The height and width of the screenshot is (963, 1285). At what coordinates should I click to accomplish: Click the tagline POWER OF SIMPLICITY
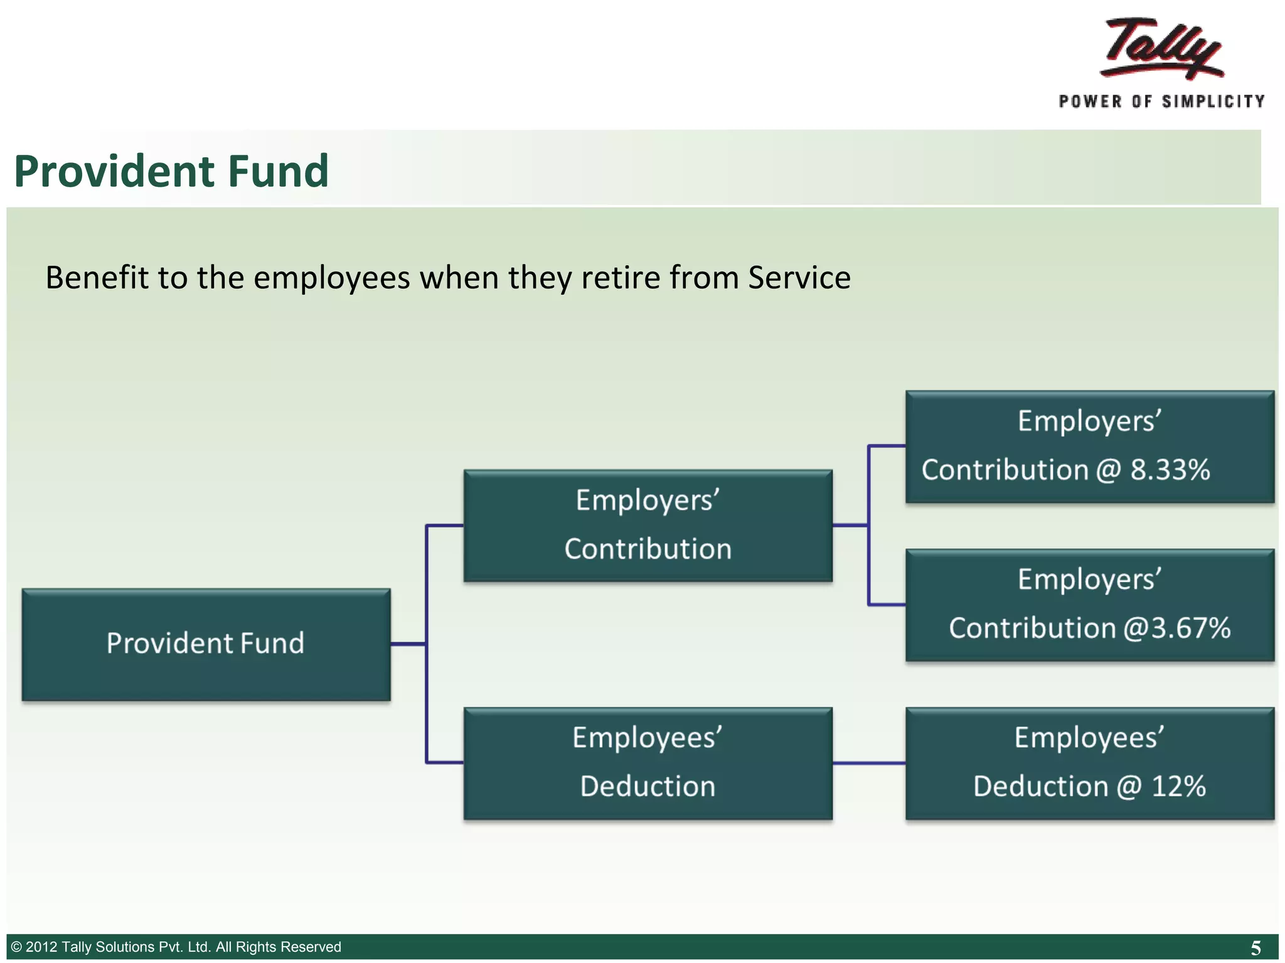click(1161, 102)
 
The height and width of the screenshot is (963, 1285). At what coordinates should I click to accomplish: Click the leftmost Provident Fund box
click(206, 644)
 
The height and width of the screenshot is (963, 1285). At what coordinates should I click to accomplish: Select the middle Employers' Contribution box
click(648, 525)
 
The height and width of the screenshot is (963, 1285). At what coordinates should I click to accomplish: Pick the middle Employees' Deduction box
click(648, 763)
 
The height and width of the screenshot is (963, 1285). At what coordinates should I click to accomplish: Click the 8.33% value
click(1170, 470)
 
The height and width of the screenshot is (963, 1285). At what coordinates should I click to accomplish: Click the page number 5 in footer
click(1256, 947)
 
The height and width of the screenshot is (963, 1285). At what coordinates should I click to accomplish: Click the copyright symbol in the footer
click(17, 947)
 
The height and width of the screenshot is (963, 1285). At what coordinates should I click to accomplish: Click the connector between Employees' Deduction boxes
click(868, 763)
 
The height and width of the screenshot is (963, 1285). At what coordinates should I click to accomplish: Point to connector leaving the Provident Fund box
click(408, 644)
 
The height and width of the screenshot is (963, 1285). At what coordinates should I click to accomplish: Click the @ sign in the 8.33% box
click(1108, 470)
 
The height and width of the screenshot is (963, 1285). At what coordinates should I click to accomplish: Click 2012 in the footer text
click(41, 947)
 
